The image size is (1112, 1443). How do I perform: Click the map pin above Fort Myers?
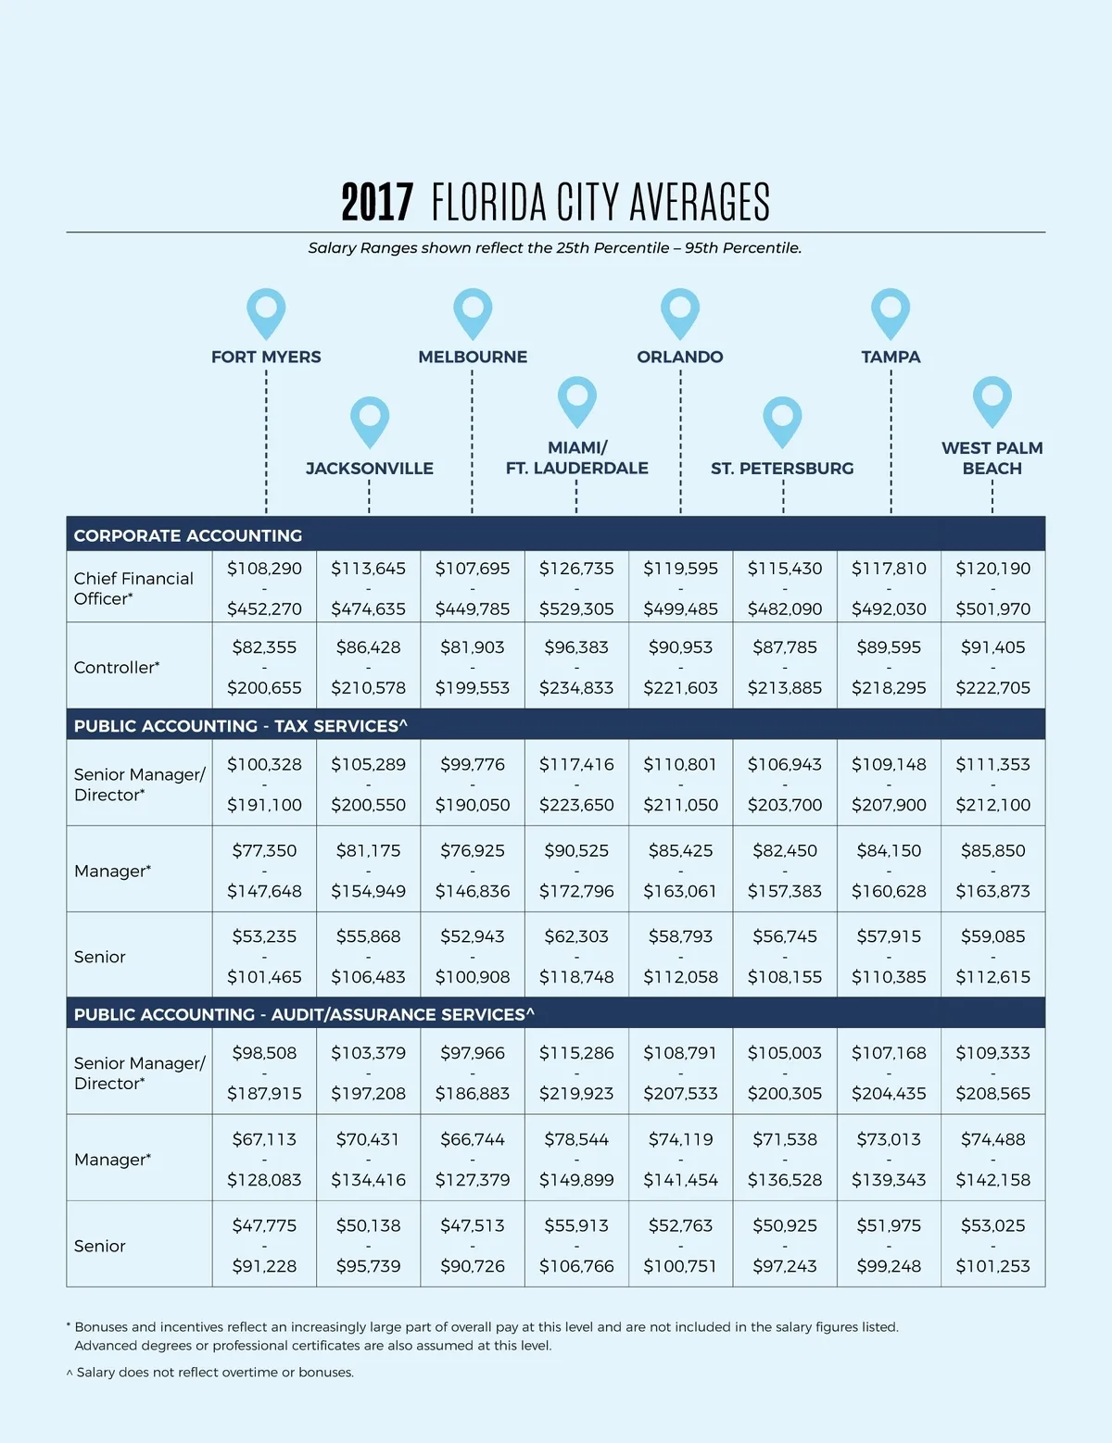point(266,311)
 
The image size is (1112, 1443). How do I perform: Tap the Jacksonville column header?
point(369,468)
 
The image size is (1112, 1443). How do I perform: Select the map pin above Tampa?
point(891,311)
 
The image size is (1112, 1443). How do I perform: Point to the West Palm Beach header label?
point(992,458)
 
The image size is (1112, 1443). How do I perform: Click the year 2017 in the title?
point(376,202)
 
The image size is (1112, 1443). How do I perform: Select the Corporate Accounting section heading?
point(188,535)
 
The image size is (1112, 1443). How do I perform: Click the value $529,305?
point(576,609)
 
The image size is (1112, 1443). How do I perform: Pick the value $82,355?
point(264,647)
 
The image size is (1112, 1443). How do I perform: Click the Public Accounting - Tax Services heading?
point(240,726)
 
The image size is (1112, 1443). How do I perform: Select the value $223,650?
point(576,805)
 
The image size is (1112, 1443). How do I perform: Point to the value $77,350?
point(264,850)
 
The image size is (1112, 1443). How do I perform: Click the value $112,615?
point(992,977)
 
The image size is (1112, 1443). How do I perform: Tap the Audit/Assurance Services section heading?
point(304,1014)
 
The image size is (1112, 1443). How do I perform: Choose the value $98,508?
point(264,1053)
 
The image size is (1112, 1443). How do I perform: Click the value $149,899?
point(576,1180)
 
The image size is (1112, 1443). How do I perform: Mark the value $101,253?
point(992,1266)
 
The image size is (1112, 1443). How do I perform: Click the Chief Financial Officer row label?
point(133,588)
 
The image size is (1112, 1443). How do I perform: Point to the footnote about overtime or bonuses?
point(210,1373)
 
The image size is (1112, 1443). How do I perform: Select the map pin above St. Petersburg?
point(782,421)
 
